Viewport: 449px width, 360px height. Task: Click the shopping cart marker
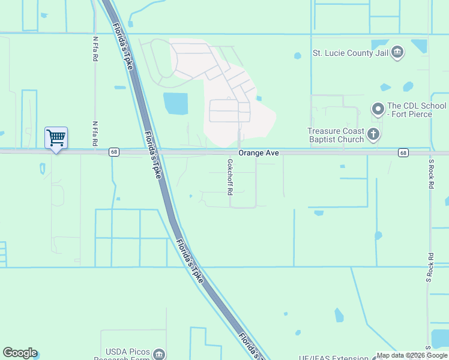(56, 138)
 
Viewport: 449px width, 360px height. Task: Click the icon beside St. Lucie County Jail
(397, 53)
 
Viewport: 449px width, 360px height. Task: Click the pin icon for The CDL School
(378, 109)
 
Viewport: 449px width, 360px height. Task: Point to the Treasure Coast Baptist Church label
(335, 135)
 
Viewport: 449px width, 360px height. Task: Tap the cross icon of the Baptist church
(373, 134)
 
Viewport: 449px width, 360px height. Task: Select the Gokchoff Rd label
(229, 176)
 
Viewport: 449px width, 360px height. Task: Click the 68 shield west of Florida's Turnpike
(113, 152)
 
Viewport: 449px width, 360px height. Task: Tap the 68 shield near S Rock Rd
(403, 153)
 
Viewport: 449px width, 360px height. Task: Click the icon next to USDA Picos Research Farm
(158, 353)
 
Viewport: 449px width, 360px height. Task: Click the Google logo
(20, 353)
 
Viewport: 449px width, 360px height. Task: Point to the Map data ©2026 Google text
(412, 356)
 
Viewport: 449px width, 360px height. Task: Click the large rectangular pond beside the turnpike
(175, 103)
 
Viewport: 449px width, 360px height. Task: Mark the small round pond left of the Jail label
(298, 56)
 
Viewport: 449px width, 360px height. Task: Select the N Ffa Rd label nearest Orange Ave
(94, 134)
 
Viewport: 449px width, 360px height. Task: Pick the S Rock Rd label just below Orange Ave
(430, 174)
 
